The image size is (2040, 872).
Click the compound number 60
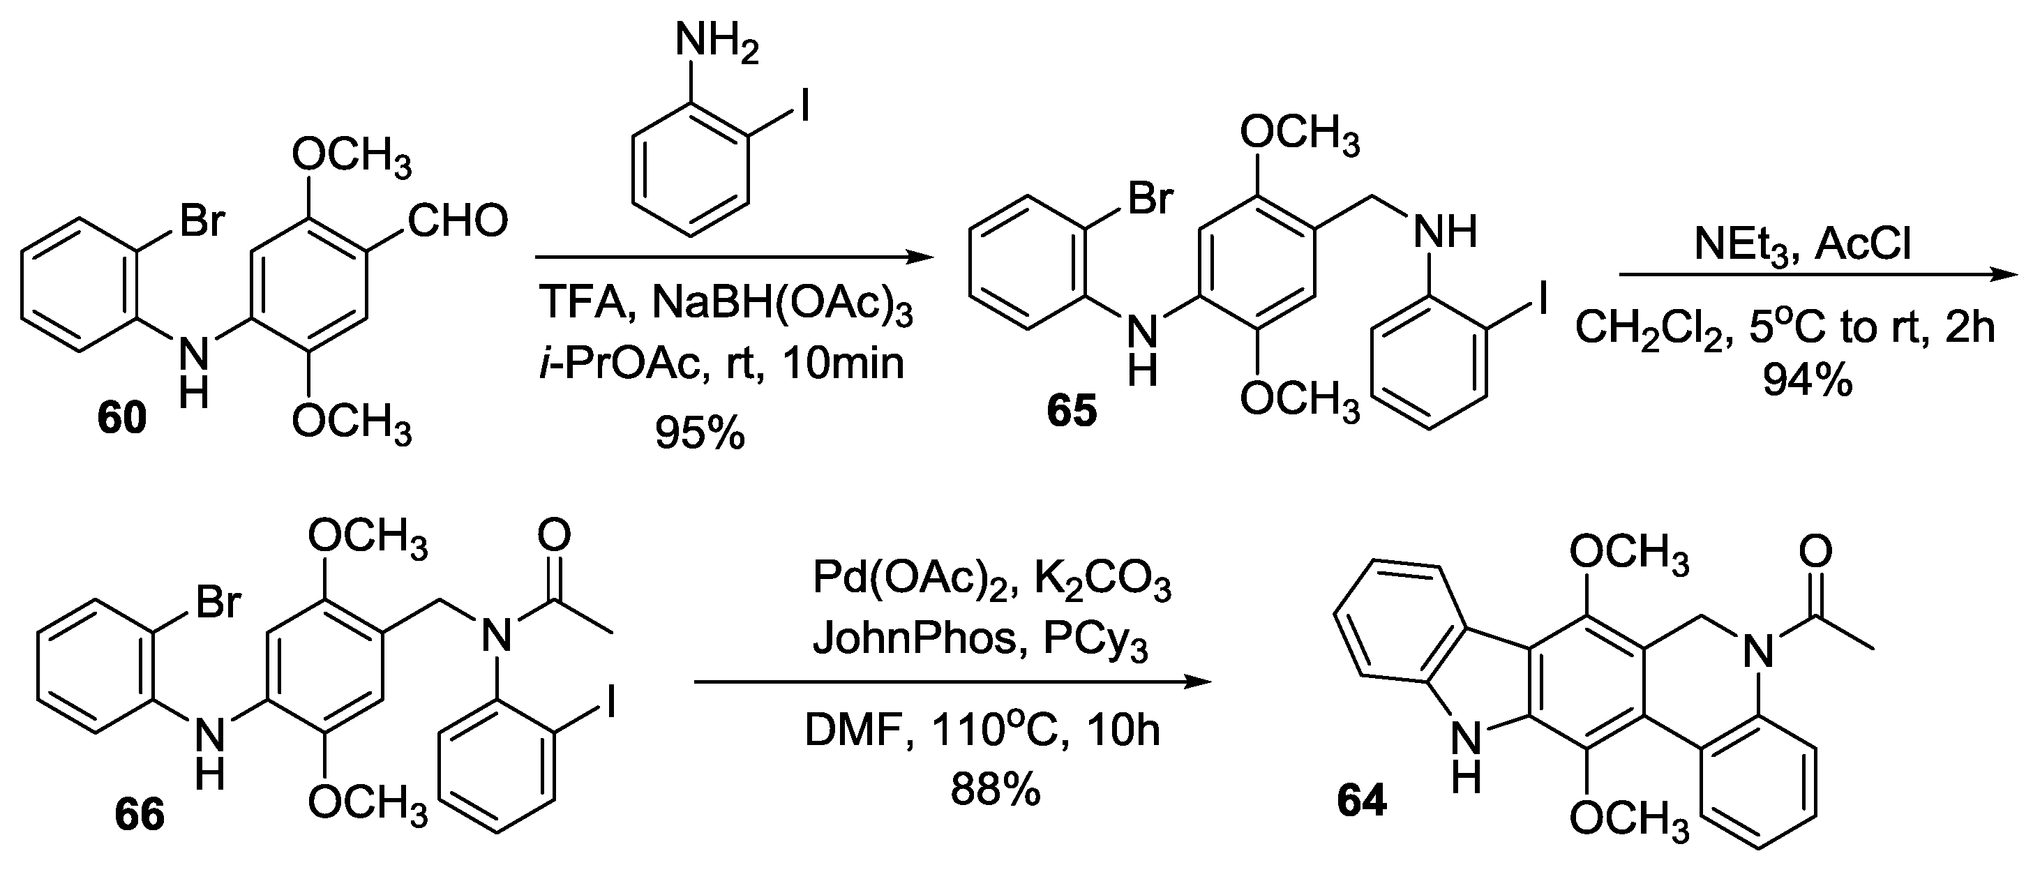click(122, 417)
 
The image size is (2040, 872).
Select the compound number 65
click(1072, 411)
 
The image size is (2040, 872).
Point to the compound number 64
click(1361, 801)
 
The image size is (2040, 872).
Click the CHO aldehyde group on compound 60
click(458, 221)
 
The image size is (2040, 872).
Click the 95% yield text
click(700, 433)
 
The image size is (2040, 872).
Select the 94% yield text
click(1808, 381)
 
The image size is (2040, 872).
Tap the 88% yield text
click(996, 790)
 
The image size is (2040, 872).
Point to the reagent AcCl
click(1863, 245)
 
